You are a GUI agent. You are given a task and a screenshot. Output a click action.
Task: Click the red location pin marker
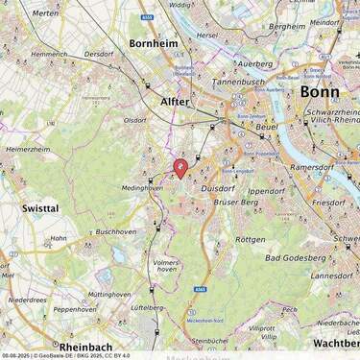pyautogui.click(x=180, y=168)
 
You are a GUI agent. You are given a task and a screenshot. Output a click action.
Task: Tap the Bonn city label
pyautogui.click(x=319, y=92)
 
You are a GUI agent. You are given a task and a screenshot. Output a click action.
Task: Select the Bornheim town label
pyautogui.click(x=155, y=43)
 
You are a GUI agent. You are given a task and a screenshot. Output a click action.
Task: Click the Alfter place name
pyautogui.click(x=175, y=101)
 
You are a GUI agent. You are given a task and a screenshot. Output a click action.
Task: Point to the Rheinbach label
pyautogui.click(x=85, y=347)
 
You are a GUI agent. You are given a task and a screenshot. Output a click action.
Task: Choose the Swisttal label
pyautogui.click(x=40, y=207)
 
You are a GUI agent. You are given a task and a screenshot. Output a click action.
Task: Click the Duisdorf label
pyautogui.click(x=218, y=189)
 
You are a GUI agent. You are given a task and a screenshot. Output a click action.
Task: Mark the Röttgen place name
pyautogui.click(x=250, y=239)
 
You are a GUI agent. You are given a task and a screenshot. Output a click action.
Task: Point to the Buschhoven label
pyautogui.click(x=116, y=231)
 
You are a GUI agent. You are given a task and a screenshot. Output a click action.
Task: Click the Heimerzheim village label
pyautogui.click(x=28, y=150)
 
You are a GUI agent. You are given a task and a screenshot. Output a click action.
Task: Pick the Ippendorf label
pyautogui.click(x=267, y=191)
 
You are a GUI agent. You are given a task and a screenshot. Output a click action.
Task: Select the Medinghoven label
pyautogui.click(x=142, y=188)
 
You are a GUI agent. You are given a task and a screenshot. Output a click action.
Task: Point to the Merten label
pyautogui.click(x=45, y=13)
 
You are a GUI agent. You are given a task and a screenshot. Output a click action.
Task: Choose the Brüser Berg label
pyautogui.click(x=236, y=203)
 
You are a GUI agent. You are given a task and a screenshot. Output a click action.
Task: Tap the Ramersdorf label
pyautogui.click(x=312, y=167)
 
